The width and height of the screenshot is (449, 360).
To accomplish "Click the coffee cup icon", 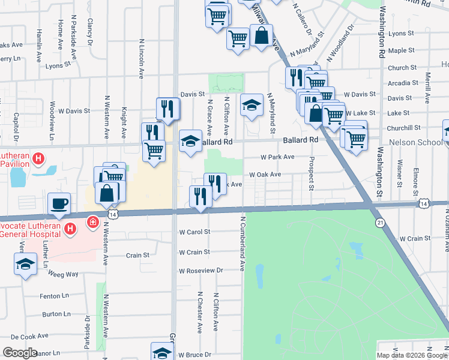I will click(59, 203).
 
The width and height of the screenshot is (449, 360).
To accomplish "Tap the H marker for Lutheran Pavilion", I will click(38, 159).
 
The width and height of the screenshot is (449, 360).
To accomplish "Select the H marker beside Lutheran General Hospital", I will click(70, 229).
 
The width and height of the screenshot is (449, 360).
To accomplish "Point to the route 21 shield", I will click(380, 223).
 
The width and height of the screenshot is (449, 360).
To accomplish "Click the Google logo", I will click(20, 352).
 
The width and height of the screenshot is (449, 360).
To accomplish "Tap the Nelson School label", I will click(415, 142).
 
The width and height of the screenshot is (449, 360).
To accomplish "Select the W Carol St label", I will click(194, 232).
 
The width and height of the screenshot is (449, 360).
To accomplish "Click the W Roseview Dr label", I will click(200, 271).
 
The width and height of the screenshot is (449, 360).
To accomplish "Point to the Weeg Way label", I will click(64, 274).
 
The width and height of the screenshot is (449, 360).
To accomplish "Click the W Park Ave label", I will click(277, 157).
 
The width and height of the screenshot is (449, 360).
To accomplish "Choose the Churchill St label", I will click(403, 128).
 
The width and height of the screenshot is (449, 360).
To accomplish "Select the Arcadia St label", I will click(403, 83).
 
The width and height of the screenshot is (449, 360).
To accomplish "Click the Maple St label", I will click(402, 51).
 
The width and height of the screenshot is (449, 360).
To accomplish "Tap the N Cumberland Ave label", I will click(244, 239).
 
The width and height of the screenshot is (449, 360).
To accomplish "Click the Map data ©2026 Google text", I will click(412, 355).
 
